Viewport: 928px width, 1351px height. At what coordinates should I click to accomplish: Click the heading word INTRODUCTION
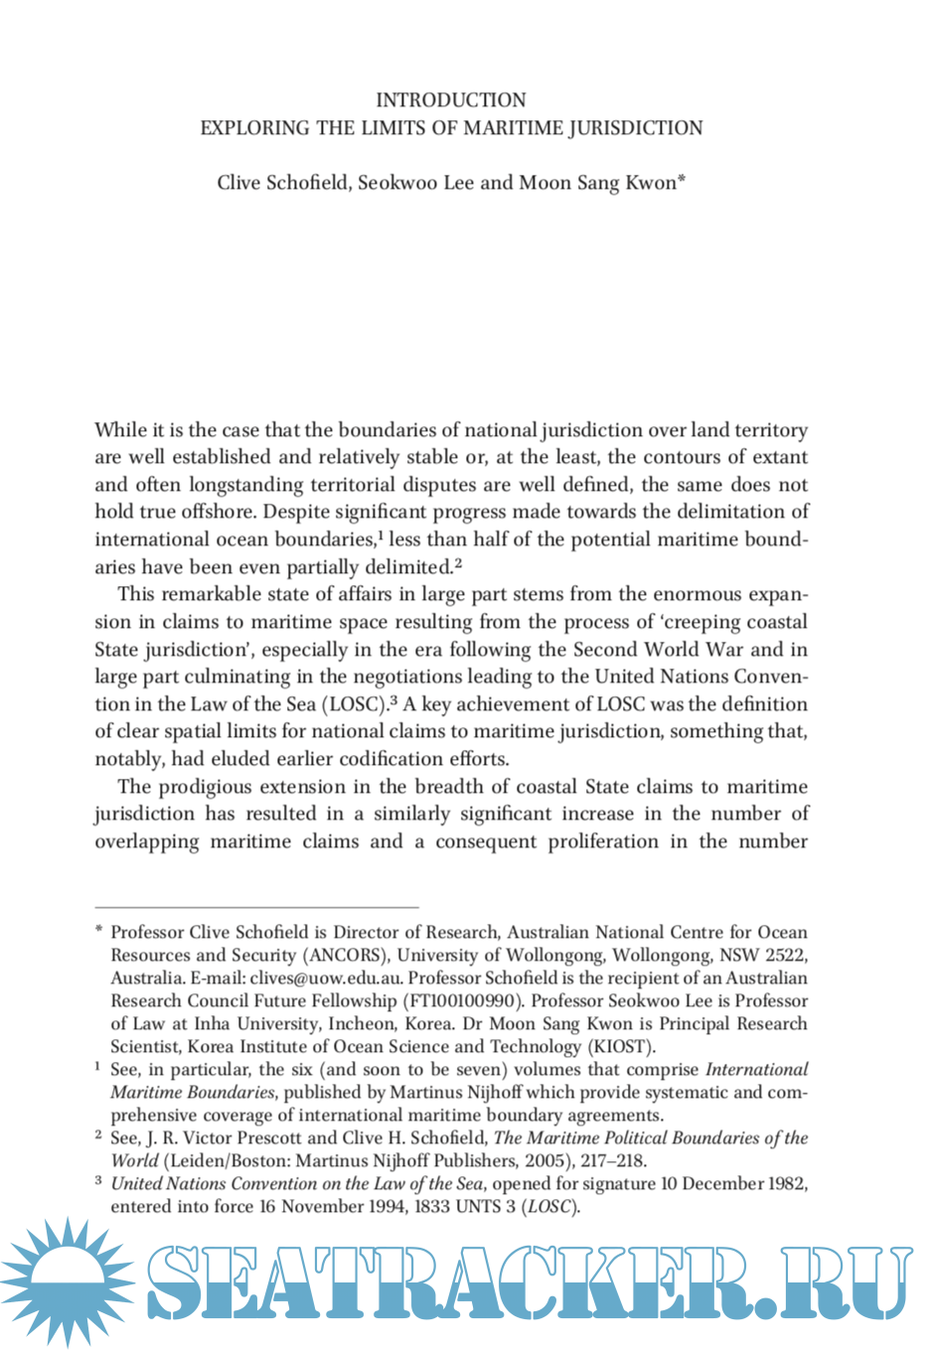(x=451, y=100)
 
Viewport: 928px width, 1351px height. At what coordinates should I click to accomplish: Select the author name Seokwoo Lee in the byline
(x=415, y=183)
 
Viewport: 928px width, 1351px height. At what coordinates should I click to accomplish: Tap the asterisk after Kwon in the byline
(x=682, y=180)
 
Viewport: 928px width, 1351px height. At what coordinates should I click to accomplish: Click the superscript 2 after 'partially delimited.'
(x=458, y=564)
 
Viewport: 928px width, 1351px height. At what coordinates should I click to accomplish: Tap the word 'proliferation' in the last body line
(x=603, y=842)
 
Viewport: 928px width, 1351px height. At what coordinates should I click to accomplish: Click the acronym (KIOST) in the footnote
(x=622, y=1047)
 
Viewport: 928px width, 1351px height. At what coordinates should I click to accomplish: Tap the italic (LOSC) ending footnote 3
(x=550, y=1207)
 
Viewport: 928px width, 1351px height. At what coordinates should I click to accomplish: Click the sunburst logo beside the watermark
(x=68, y=1281)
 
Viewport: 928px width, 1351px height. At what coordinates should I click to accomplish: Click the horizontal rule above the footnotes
(x=256, y=908)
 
